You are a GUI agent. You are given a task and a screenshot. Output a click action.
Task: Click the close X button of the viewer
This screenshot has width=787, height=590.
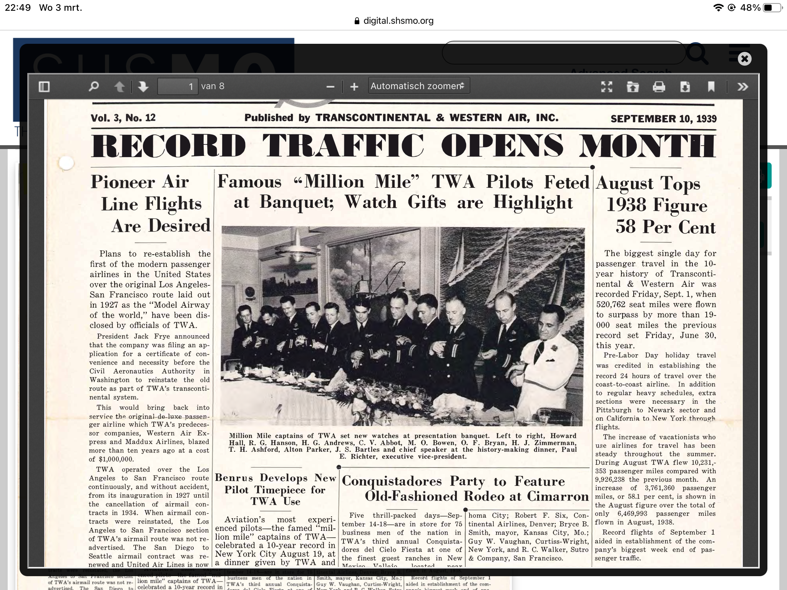tap(744, 59)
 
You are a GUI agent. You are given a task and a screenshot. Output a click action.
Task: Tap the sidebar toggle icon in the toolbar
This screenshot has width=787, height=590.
tap(44, 86)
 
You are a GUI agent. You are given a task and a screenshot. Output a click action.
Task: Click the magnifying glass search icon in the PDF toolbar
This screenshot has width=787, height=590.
tap(93, 86)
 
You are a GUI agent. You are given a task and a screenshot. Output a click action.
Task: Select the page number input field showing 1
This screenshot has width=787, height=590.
tap(178, 86)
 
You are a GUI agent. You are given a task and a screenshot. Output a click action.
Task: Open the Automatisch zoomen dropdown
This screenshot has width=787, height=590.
tap(418, 86)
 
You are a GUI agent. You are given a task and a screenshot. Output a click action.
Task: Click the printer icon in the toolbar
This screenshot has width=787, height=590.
tap(659, 87)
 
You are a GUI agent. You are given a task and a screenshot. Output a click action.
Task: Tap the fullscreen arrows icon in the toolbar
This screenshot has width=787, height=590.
tap(606, 87)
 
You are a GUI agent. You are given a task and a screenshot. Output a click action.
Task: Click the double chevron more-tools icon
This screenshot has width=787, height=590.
tap(742, 87)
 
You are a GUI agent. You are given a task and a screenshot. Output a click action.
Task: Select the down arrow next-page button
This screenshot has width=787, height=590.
tap(143, 86)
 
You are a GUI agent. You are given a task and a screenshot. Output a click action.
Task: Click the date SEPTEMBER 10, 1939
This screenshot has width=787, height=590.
tap(663, 119)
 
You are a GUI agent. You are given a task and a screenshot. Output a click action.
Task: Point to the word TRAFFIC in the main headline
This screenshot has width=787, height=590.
tap(343, 146)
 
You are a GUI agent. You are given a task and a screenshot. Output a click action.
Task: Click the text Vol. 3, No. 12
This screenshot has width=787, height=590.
tap(123, 118)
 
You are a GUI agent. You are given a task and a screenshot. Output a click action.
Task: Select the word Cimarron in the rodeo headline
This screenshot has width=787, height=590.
tap(558, 496)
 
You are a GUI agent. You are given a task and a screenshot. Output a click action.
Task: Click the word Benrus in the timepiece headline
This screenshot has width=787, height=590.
tap(234, 478)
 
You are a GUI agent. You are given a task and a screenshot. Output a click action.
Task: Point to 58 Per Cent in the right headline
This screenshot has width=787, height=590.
tap(665, 227)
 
